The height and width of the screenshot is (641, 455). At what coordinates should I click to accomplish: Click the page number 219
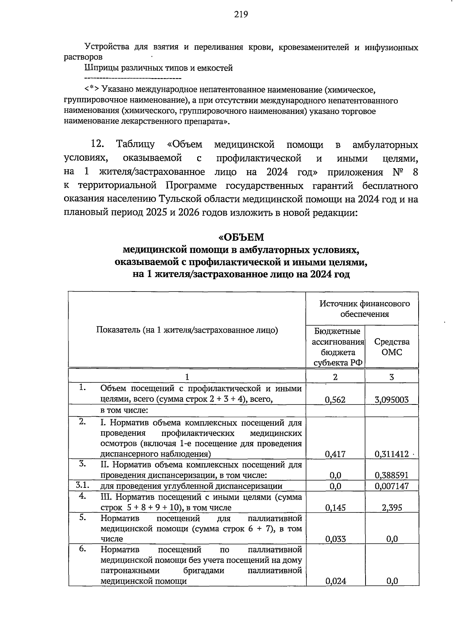241,14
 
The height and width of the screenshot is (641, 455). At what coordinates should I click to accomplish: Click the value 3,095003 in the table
392,400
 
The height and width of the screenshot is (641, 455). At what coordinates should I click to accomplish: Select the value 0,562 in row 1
336,400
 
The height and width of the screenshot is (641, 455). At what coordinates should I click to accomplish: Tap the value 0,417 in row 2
336,454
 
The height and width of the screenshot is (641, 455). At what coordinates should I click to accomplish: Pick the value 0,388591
392,475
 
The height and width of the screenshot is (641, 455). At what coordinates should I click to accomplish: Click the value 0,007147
392,486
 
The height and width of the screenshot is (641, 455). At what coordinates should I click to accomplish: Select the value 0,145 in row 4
336,508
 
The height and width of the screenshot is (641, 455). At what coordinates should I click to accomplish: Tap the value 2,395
392,508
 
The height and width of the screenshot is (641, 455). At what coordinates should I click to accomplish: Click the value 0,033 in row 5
336,539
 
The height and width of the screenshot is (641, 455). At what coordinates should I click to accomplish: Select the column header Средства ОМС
392,346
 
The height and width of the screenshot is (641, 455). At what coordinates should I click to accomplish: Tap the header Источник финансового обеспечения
364,309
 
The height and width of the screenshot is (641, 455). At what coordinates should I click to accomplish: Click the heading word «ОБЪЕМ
241,237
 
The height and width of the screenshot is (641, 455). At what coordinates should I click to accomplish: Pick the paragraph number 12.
97,144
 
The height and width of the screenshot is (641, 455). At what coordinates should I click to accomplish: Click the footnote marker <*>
92,89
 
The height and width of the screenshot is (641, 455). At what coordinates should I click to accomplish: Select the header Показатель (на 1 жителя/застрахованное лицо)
187,330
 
